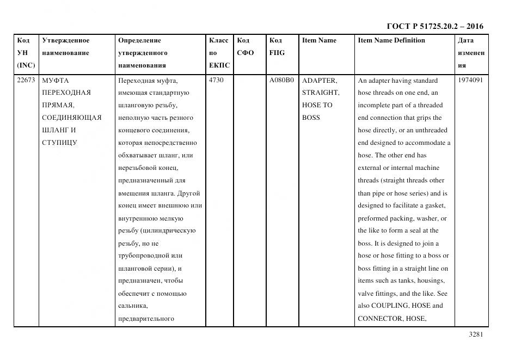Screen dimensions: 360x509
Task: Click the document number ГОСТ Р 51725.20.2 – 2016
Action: click(434, 26)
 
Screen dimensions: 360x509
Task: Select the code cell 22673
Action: click(26, 80)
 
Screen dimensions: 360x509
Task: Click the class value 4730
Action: click(216, 80)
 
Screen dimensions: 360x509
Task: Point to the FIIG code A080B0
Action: click(281, 80)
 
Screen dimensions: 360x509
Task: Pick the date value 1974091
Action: click(470, 80)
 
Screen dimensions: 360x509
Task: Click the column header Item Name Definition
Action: click(391, 40)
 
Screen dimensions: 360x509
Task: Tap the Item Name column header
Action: click(319, 40)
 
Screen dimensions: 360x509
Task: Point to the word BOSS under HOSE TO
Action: click(311, 118)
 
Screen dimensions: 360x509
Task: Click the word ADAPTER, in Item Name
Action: click(320, 80)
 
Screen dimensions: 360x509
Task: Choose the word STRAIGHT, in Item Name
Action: click(321, 93)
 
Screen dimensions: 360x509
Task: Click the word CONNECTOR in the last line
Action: click(379, 318)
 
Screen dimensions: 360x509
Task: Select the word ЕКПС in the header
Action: click(219, 65)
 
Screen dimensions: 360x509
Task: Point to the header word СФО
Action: click(246, 53)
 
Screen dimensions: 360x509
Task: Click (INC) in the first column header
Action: click(26, 65)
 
